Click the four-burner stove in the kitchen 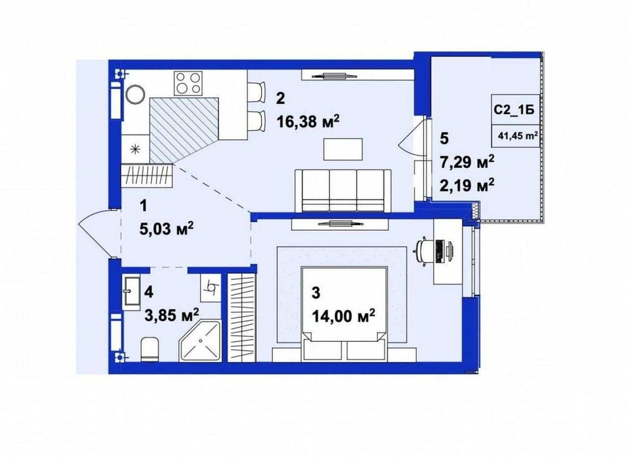[x=188, y=83]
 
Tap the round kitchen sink [x=135, y=95]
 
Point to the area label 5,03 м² [x=166, y=229]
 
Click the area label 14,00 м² [x=344, y=316]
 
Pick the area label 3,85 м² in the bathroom [x=171, y=315]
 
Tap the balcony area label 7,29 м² [x=467, y=161]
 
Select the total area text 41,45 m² [x=518, y=135]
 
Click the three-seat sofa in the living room [x=343, y=190]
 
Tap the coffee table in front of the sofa [x=343, y=149]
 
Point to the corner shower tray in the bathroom [x=200, y=340]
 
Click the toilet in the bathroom [x=150, y=349]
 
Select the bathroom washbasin [x=131, y=292]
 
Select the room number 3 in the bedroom [x=316, y=293]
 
